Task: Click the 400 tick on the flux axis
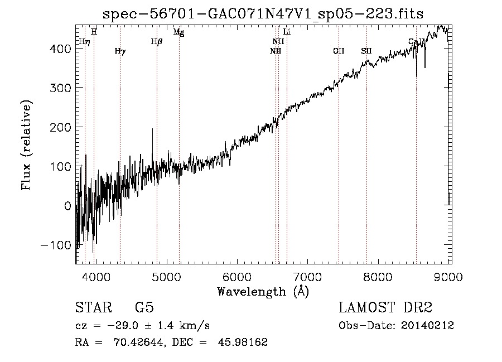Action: [60, 49]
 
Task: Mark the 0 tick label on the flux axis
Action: [67, 206]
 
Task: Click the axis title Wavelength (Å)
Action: [263, 291]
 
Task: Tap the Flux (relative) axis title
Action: [26, 145]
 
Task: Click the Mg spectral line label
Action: [178, 32]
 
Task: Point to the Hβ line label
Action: [157, 41]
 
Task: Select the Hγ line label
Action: [120, 51]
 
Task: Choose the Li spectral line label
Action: [287, 32]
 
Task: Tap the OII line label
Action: [339, 51]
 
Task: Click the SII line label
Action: [366, 51]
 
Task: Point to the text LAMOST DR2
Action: [385, 308]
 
